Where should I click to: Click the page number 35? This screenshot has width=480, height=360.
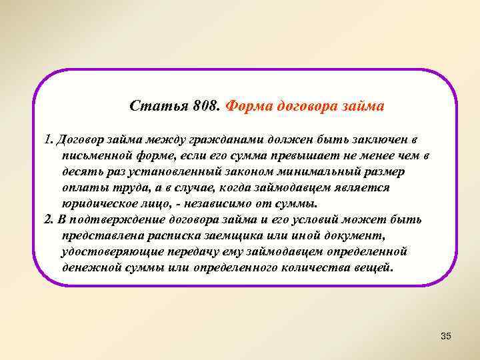[446, 335]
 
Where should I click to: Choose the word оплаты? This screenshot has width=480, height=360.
[83, 188]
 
